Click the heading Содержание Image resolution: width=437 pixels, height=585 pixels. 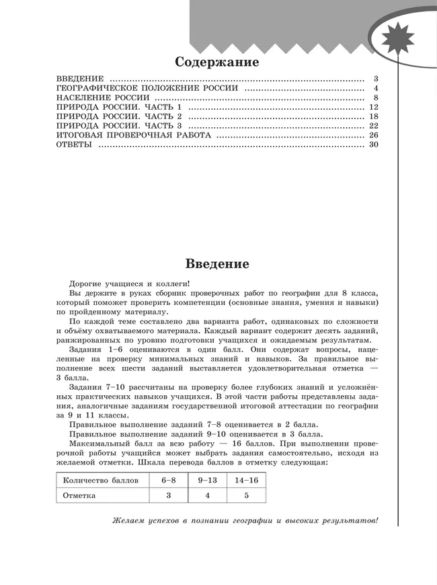tap(216, 63)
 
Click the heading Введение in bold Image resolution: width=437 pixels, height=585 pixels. tap(216, 263)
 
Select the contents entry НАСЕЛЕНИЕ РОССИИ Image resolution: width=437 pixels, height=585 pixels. tap(99, 98)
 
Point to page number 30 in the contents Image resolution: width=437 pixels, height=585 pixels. tap(374, 145)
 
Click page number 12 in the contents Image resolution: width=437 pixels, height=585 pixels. tap(374, 107)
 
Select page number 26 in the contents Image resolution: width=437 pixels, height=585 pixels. tap(374, 135)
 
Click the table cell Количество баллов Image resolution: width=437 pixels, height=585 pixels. tap(100, 481)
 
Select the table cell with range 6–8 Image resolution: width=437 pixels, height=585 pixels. tap(168, 481)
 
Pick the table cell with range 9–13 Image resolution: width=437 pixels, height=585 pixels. tap(207, 481)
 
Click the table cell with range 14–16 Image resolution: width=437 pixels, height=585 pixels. tap(246, 481)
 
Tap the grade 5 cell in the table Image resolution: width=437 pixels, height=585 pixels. tap(246, 495)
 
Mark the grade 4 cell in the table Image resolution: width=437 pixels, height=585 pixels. tap(207, 495)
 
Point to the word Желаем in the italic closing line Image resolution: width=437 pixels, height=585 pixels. tap(127, 522)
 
